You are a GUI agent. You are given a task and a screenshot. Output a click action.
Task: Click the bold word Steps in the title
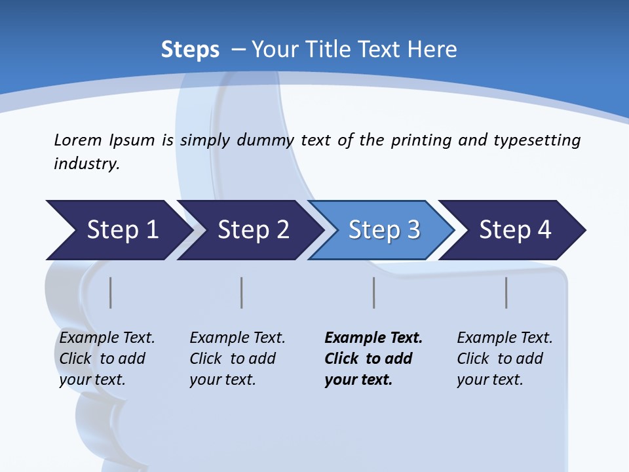(x=190, y=49)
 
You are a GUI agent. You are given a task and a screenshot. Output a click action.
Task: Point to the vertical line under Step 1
(x=111, y=292)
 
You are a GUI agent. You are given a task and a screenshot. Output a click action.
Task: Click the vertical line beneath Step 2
(x=242, y=292)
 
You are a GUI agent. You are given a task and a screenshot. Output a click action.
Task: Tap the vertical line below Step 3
(x=374, y=292)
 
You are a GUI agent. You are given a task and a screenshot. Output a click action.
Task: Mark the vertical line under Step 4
(x=506, y=292)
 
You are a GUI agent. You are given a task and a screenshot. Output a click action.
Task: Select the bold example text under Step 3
(x=373, y=359)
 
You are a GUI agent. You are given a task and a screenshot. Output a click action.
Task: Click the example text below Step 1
(x=106, y=359)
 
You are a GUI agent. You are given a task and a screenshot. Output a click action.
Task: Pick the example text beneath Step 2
(x=237, y=359)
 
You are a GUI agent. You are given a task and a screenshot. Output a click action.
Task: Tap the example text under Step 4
(x=504, y=359)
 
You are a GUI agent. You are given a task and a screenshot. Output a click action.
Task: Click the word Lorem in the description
(x=78, y=140)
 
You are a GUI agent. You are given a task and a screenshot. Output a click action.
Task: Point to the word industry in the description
(x=86, y=164)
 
